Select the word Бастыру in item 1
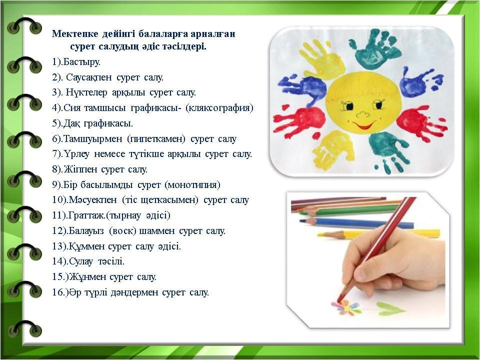pyautogui.click(x=81, y=62)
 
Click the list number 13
pyautogui.click(x=57, y=246)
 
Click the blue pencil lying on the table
pyautogui.click(x=356, y=223)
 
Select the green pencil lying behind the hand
pyautogui.click(x=349, y=210)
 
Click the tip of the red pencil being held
pyautogui.click(x=338, y=302)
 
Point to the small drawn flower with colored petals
pyautogui.click(x=346, y=307)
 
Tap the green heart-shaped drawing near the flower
pyautogui.click(x=391, y=308)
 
